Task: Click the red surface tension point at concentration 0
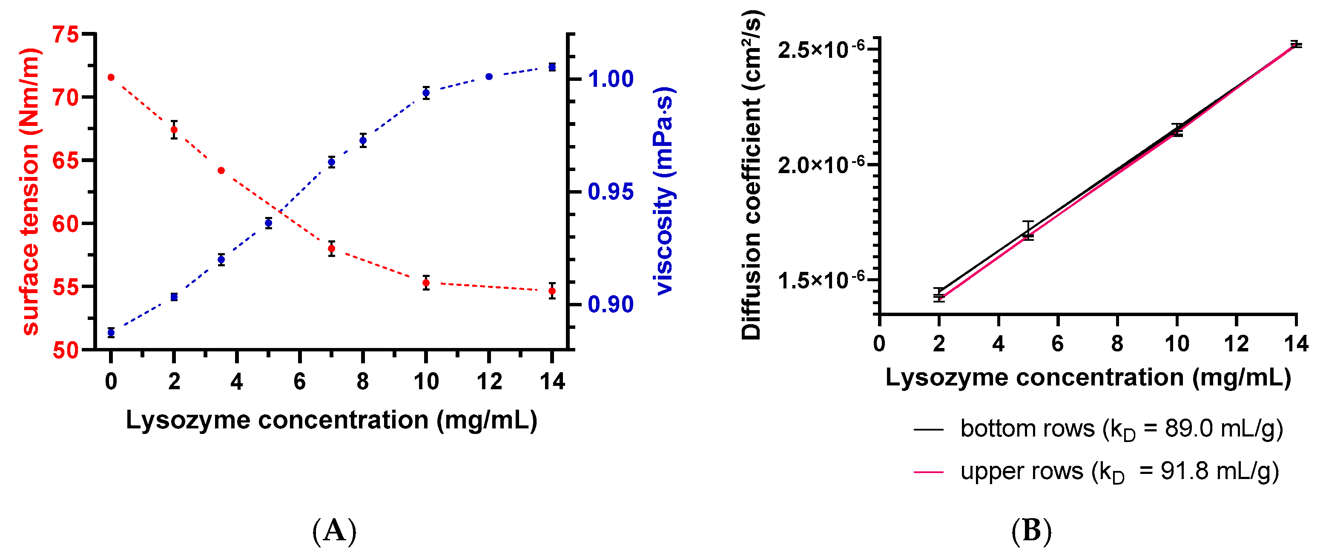[x=111, y=77]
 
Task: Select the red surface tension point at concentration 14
[x=552, y=291]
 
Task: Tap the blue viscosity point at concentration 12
[x=489, y=77]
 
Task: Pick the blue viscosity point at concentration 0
[x=111, y=333]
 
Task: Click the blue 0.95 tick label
[x=611, y=192]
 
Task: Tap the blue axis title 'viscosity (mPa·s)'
[x=665, y=191]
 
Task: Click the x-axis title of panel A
[x=331, y=420]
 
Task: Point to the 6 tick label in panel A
[x=299, y=382]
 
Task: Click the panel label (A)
[x=334, y=531]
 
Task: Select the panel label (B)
[x=1031, y=531]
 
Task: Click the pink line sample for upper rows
[x=929, y=472]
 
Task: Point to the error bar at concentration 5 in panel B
[x=1027, y=231]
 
